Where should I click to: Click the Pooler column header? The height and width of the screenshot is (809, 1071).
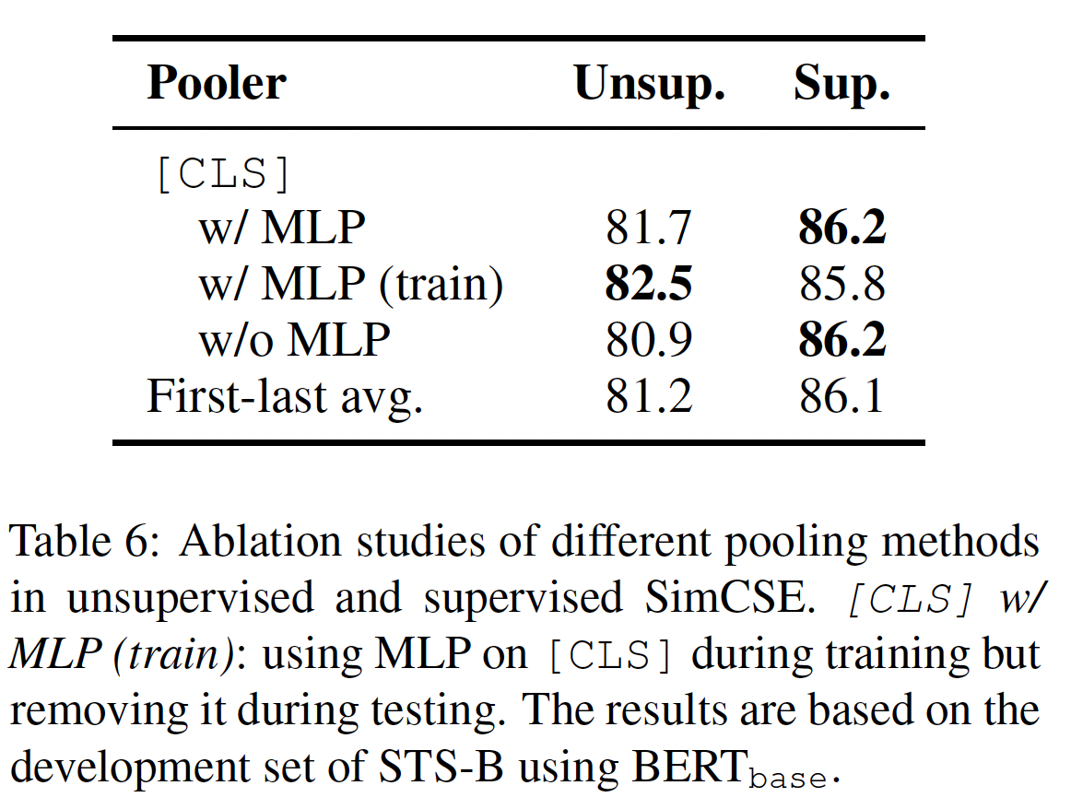coord(217,84)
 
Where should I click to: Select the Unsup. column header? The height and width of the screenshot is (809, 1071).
coord(649,84)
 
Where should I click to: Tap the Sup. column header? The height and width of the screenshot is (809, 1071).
coord(841,84)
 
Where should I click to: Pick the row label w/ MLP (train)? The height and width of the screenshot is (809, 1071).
coord(350,285)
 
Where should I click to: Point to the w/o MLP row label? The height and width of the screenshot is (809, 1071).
coord(294,340)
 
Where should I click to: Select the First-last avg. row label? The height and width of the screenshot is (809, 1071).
coord(285,396)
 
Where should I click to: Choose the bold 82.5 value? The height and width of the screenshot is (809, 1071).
coord(649,285)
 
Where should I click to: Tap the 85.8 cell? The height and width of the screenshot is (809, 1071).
coord(841,285)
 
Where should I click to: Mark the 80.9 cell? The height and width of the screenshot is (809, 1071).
coord(649,340)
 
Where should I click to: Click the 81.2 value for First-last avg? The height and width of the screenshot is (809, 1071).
coord(649,396)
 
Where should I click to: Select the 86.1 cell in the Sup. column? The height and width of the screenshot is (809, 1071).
coord(841,396)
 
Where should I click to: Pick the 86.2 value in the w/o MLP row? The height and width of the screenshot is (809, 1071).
coord(841,340)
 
